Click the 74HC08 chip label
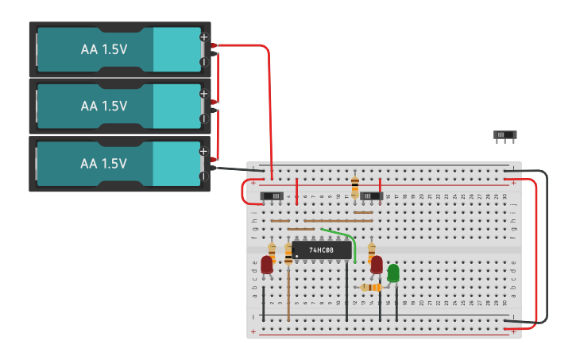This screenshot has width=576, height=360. pos(320,250)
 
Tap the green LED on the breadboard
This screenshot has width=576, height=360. pos(393,273)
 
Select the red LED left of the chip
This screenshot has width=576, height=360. pos(267,265)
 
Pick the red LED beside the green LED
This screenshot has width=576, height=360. pos(377,265)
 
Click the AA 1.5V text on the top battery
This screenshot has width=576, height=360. pos(103,49)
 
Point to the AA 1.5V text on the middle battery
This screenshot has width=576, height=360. pos(103,106)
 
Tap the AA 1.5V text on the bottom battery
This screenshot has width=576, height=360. pos(103,163)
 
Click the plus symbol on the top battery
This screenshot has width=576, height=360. pos(203,37)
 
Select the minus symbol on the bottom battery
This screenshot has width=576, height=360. pos(203,176)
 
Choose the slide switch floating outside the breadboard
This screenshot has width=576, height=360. pos(505,136)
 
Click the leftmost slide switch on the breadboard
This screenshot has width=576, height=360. pos(273,195)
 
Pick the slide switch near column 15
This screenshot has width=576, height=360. pos(371,195)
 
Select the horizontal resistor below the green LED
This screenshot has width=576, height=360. pos(370,287)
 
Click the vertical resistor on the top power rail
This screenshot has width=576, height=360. pos(354,188)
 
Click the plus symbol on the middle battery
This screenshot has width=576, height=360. pos(203,94)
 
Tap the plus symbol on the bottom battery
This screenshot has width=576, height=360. pos(203,151)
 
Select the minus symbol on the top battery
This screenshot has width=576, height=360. pos(203,61)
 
